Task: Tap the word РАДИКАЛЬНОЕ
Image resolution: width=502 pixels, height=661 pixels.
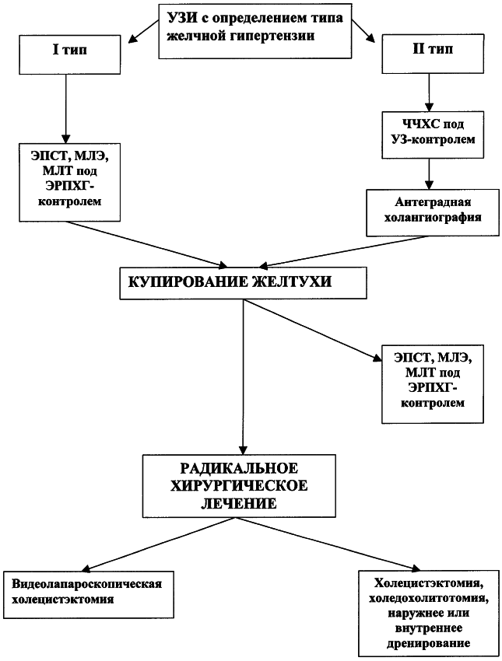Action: pos(239,468)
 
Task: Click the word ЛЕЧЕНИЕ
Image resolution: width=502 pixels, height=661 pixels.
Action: pos(239,503)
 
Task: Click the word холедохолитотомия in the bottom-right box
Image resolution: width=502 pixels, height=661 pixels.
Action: pos(429,599)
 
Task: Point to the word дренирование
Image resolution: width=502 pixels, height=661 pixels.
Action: pos(429,644)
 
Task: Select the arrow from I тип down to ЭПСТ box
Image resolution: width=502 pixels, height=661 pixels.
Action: pos(65,110)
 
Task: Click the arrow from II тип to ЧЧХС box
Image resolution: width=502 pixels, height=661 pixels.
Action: pos(429,93)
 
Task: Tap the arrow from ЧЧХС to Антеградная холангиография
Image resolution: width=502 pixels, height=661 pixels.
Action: pos(429,174)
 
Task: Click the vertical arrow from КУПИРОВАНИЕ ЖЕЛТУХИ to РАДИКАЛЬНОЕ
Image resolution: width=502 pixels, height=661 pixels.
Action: pos(243,377)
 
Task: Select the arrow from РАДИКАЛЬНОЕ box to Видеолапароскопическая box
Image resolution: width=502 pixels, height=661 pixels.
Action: pos(159,544)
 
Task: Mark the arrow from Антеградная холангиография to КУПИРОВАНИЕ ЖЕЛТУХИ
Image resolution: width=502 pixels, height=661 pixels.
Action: pos(343,252)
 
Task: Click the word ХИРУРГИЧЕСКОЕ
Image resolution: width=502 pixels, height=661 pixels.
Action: pos(239,485)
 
